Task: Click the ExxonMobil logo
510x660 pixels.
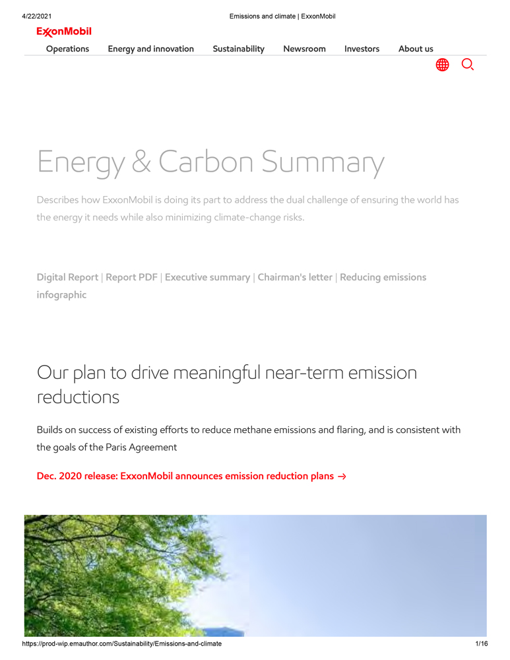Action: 64,32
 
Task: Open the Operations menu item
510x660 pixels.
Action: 67,49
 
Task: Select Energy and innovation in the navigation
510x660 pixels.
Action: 150,49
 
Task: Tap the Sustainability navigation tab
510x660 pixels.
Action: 238,49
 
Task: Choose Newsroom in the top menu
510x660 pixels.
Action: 304,49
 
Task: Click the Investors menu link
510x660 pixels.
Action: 362,49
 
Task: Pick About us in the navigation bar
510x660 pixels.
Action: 416,49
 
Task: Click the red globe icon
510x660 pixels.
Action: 442,65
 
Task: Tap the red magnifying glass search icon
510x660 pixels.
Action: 468,65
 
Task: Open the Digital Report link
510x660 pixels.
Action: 67,277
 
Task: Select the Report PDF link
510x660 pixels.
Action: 131,277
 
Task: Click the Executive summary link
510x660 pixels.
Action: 207,277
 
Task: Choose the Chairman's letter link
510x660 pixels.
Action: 295,277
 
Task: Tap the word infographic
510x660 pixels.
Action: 61,295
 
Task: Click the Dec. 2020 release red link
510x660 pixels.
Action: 191,476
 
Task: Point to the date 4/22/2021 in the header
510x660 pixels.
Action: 37,16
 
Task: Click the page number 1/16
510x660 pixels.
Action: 481,643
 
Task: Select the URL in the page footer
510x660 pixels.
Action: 121,643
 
